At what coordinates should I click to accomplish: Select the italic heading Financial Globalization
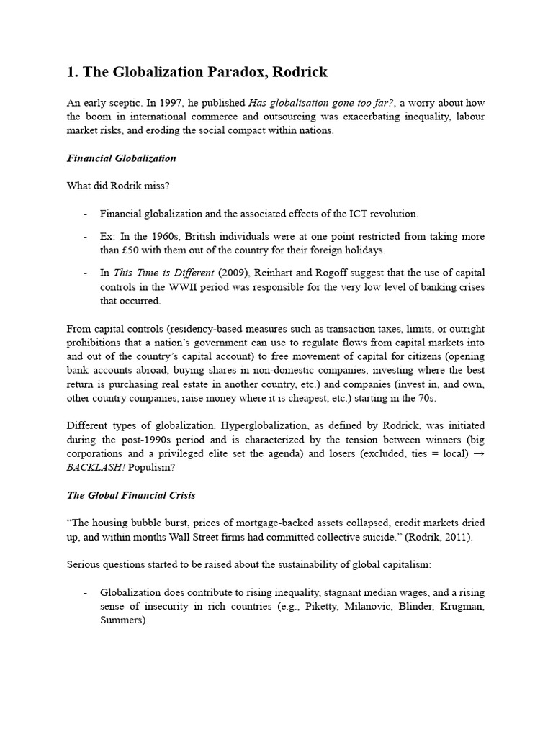[x=121, y=158]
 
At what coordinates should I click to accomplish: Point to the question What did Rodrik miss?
[x=118, y=185]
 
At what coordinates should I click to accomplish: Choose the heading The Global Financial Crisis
[x=130, y=495]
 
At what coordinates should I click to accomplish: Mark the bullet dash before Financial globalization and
[x=85, y=214]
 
